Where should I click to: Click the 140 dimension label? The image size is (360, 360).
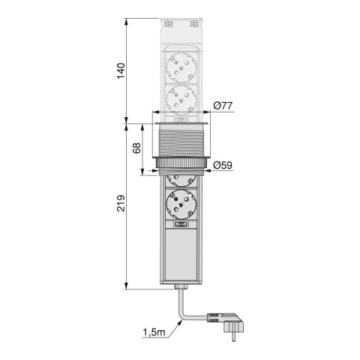[x=121, y=70]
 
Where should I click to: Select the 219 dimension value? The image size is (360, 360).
[x=121, y=203]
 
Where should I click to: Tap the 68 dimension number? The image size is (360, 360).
[x=136, y=148]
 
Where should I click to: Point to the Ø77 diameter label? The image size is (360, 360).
[x=223, y=106]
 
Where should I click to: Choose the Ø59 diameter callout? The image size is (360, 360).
[x=223, y=165]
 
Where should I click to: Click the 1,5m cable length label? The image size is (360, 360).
[x=154, y=332]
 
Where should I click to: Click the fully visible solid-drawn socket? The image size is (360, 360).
[x=180, y=205]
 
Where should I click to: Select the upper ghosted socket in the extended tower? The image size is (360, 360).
[x=180, y=68]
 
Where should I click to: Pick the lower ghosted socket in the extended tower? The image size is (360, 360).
[x=180, y=100]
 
